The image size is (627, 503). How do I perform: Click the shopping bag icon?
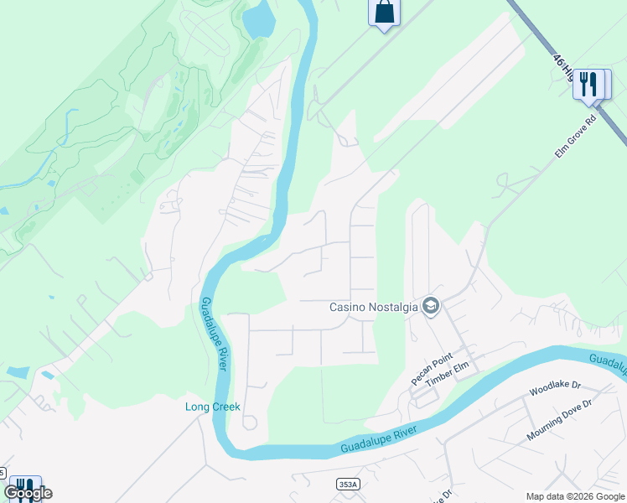(x=384, y=12)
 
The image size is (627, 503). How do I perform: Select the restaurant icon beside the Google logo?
(x=24, y=487)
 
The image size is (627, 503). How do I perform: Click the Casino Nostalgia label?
(x=373, y=307)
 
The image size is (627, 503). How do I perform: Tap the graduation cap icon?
(x=431, y=307)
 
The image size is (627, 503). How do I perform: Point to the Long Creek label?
(x=213, y=407)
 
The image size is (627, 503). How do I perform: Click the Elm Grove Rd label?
(x=575, y=137)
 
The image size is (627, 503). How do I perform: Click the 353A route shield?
(x=348, y=484)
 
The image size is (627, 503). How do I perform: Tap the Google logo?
(x=28, y=493)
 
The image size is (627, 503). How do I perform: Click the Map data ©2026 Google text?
(x=575, y=496)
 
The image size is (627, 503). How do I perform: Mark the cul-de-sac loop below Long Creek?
(x=249, y=423)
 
